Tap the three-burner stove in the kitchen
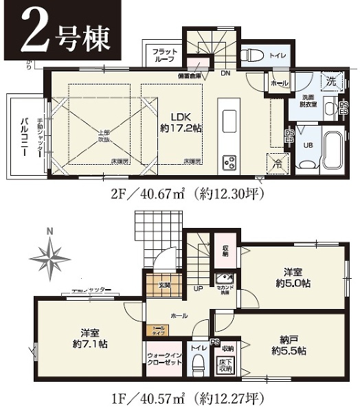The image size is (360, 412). click(x=229, y=163)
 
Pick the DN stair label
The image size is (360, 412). click(x=225, y=73)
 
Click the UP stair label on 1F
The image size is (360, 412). click(x=199, y=289)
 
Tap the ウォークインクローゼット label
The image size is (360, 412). click(x=164, y=361)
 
